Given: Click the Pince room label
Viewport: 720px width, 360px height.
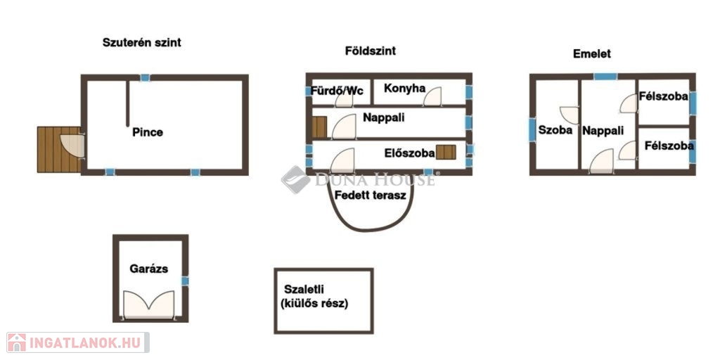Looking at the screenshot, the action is (148, 133).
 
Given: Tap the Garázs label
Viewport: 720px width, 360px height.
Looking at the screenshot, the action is (148, 269).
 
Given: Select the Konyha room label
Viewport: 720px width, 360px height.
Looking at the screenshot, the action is (404, 88).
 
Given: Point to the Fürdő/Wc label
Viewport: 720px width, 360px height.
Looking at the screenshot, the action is (337, 91).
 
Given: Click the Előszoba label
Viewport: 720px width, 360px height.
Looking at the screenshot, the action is (410, 153).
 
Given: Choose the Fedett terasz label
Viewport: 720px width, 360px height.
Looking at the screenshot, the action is (371, 195).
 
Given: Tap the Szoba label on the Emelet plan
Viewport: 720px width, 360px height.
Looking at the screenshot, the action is (555, 130).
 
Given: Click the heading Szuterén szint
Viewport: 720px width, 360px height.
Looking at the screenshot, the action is (142, 43).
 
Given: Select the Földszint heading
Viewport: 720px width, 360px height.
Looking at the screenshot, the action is (371, 51).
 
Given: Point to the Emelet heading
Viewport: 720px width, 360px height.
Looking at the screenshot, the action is (592, 53).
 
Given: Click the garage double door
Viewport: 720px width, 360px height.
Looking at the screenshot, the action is (149, 304).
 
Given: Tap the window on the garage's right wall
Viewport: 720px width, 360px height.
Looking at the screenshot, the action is (185, 281).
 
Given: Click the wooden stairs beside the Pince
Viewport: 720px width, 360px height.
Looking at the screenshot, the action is (59, 150).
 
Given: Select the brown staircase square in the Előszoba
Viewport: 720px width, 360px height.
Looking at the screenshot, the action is (446, 152).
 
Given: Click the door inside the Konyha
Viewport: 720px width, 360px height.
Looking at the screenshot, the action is (432, 96).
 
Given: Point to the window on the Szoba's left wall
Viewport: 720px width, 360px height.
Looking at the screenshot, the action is (532, 130).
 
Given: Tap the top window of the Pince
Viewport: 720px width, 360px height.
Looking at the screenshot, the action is (145, 78).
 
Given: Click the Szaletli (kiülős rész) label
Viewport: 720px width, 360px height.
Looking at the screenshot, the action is (316, 296).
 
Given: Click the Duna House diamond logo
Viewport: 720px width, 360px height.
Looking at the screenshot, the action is (295, 179).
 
